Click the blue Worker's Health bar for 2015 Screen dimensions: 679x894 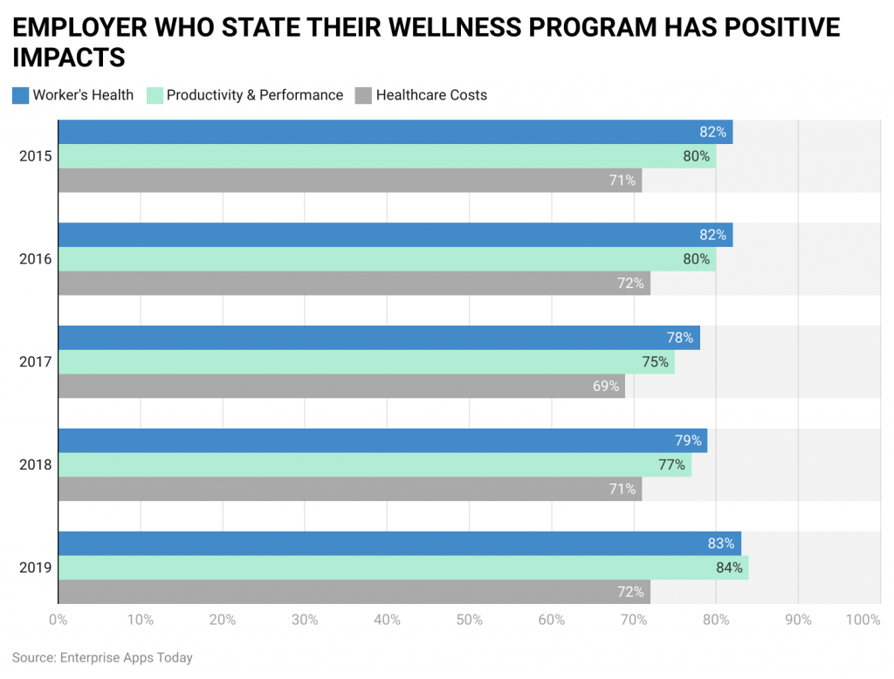tap(393, 132)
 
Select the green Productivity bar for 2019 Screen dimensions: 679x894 tap(402, 567)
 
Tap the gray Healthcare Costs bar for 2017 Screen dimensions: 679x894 tap(340, 386)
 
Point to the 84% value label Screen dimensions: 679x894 tap(729, 568)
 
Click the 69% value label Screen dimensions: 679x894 tap(606, 386)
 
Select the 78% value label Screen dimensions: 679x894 tap(680, 338)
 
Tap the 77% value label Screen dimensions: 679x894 tap(671, 465)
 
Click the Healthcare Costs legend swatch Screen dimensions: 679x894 tap(363, 95)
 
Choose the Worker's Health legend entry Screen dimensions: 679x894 tap(83, 95)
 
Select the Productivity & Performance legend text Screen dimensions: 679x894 tap(255, 95)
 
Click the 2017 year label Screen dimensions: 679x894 tap(36, 362)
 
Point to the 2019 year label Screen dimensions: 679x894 tap(36, 568)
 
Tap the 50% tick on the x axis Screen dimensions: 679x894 tap(469, 620)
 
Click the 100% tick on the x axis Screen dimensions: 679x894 tap(863, 620)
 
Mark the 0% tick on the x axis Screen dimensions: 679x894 tap(58, 620)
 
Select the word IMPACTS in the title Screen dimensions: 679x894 tap(69, 58)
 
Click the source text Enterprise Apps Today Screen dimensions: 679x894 tap(127, 657)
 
